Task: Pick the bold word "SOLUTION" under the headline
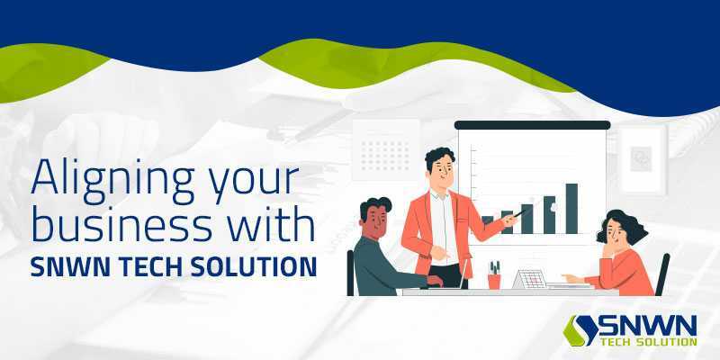pyautogui.click(x=254, y=266)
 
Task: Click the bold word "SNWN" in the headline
pyautogui.click(x=70, y=266)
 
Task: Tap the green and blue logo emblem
pyautogui.click(x=580, y=330)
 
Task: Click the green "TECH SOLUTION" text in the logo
pyautogui.click(x=649, y=342)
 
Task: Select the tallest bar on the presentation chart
pyautogui.click(x=571, y=209)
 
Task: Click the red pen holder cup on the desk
pyautogui.click(x=494, y=281)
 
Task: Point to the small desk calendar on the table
pyautogui.click(x=529, y=279)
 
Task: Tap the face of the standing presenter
pyautogui.click(x=443, y=169)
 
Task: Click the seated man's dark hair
pyautogui.click(x=375, y=206)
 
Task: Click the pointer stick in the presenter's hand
pyautogui.click(x=520, y=213)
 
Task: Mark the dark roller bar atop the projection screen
pyautogui.click(x=532, y=125)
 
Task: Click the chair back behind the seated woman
pyautogui.click(x=662, y=274)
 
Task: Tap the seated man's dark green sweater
pyautogui.click(x=384, y=267)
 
